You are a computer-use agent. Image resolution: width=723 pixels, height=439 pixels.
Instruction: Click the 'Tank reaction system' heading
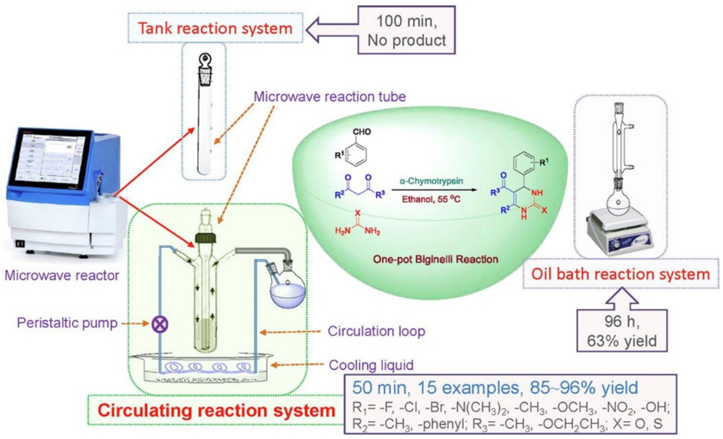(x=215, y=29)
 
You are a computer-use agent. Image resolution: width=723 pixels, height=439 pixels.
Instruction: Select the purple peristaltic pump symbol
(x=160, y=324)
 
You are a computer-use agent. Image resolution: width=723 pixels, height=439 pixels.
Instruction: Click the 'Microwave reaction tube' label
(x=330, y=97)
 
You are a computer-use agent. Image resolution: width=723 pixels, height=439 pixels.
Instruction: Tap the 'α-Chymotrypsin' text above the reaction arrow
(x=431, y=181)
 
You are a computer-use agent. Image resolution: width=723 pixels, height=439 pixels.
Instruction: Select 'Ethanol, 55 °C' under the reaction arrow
(x=431, y=199)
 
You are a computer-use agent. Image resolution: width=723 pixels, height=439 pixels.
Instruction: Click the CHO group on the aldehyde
(x=362, y=132)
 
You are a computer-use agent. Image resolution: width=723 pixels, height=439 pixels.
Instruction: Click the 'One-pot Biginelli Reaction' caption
(x=435, y=259)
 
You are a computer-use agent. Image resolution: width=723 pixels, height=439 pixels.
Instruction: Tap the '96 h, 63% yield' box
(x=622, y=331)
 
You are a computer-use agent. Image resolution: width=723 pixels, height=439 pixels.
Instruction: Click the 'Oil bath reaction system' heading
(x=620, y=274)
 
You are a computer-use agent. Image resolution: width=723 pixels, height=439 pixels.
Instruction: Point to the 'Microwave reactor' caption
(x=62, y=275)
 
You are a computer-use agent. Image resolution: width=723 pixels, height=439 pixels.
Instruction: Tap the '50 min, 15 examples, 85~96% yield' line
(x=495, y=388)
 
